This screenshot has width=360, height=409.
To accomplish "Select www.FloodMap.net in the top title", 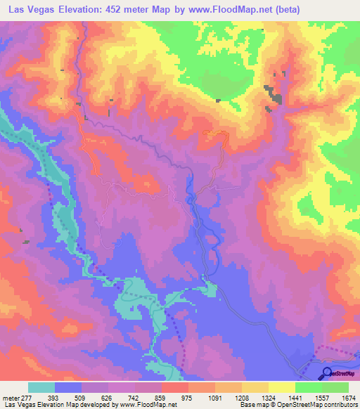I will (x=239, y=9).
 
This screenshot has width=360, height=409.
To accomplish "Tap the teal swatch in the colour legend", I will (x=41, y=387).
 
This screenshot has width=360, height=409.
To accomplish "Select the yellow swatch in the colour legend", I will (x=281, y=387).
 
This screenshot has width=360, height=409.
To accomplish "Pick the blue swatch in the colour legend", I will (x=68, y=387).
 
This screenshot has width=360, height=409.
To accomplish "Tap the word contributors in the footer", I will (x=340, y=404).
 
